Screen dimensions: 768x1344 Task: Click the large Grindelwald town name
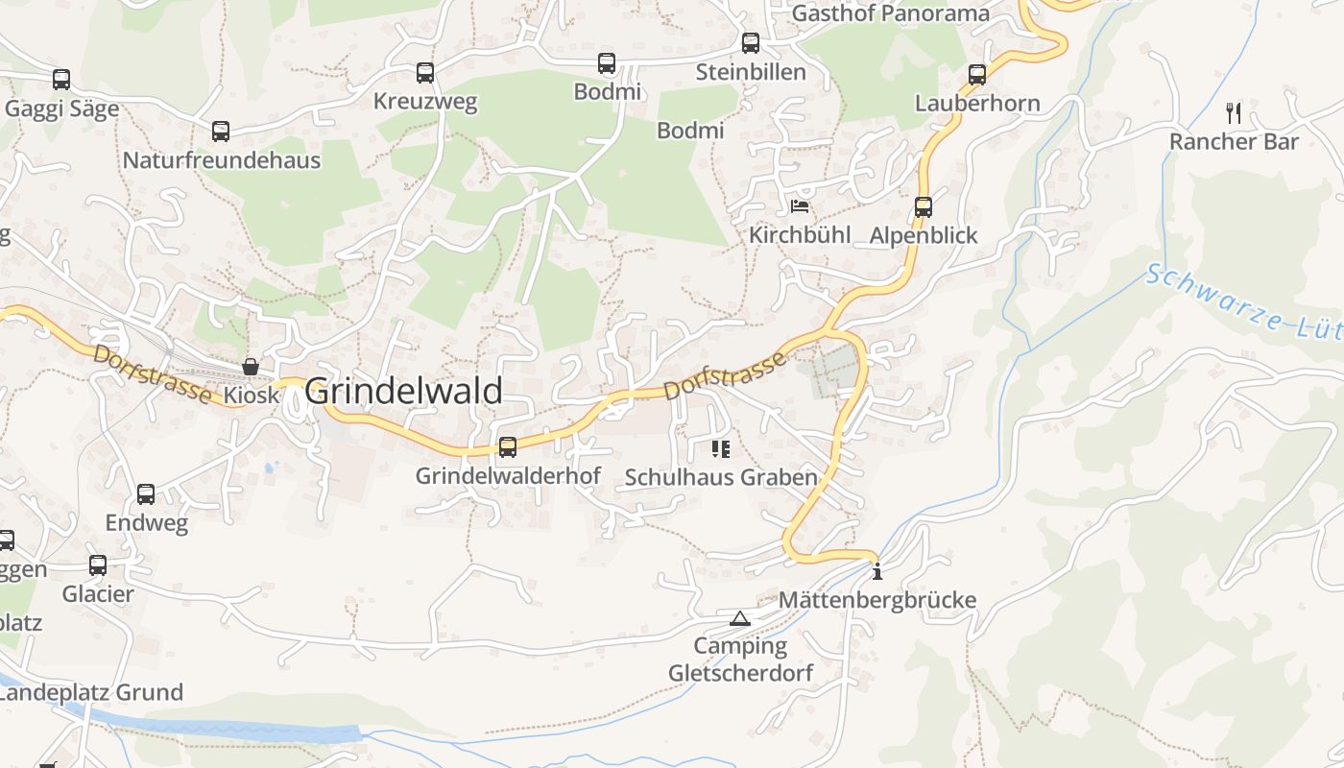click(403, 392)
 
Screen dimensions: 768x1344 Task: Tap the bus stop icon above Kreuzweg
click(424, 73)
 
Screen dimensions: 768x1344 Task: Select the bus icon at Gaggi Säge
click(61, 80)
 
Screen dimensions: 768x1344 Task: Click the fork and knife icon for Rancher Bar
click(1234, 113)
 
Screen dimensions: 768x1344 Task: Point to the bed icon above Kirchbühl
click(800, 205)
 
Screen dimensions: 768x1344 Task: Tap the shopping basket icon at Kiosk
click(251, 367)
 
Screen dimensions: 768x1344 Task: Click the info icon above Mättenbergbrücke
click(876, 573)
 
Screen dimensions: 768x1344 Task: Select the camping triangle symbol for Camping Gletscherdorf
click(739, 618)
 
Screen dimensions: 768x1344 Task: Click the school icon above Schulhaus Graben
click(721, 448)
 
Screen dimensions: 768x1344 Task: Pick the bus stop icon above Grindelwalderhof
click(508, 446)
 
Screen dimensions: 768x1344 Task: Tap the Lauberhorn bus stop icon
click(977, 74)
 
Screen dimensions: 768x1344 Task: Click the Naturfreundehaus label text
click(221, 160)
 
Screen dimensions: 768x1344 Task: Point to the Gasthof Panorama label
click(890, 13)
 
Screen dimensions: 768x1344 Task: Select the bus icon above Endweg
click(146, 494)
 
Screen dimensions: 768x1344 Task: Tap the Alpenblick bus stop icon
click(924, 206)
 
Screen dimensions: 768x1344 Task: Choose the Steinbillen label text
click(751, 72)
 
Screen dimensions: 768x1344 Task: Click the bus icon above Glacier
click(98, 565)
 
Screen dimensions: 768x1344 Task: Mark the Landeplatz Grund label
click(91, 692)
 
